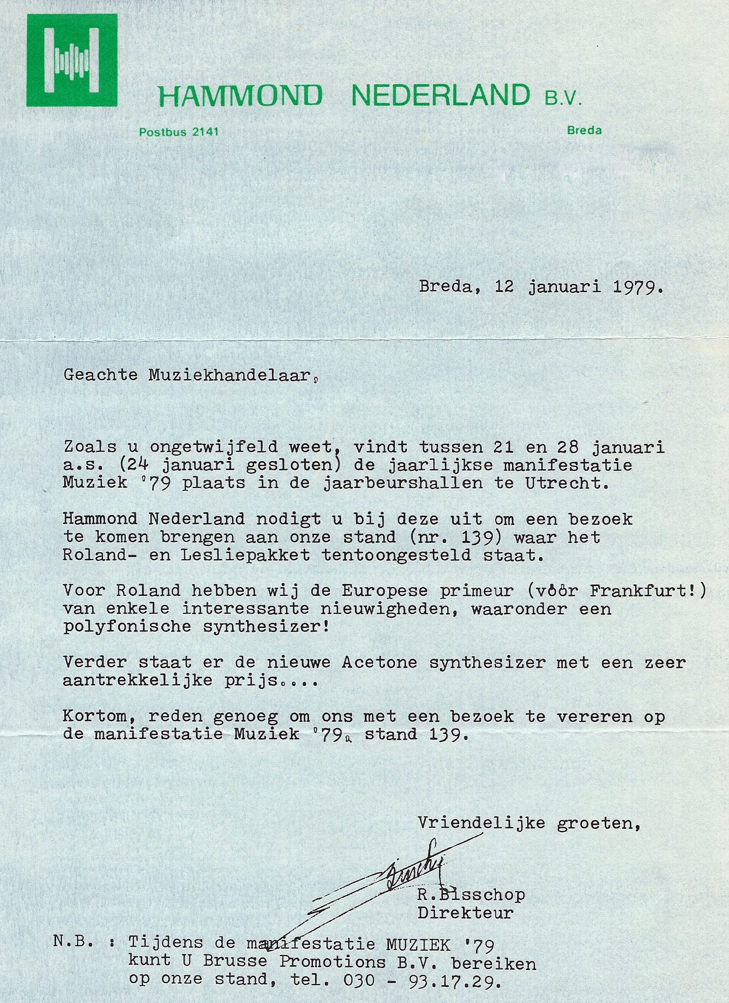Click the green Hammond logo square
(72, 60)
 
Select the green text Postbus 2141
(179, 132)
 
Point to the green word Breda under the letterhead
(584, 130)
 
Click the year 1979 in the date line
(637, 287)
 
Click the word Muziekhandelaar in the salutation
(229, 375)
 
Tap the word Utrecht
(567, 483)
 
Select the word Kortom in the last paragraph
(100, 717)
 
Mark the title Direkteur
(465, 913)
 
